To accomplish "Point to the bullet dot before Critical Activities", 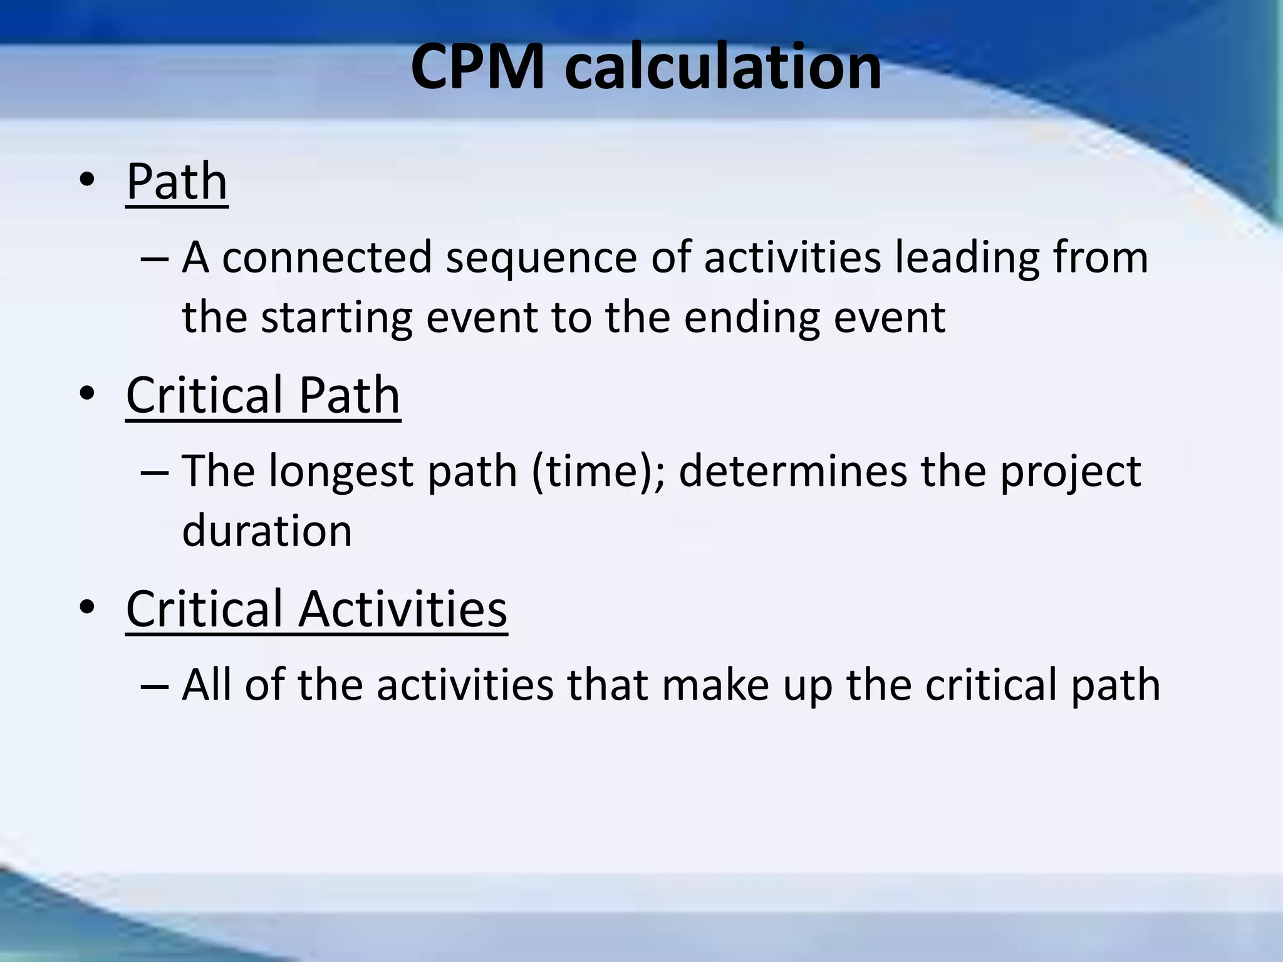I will (x=87, y=608).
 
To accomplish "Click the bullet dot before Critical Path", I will (x=87, y=394).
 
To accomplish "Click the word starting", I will (x=336, y=318).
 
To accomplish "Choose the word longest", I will (x=341, y=472).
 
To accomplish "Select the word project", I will (x=1070, y=472).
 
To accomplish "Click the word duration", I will (x=268, y=530).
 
